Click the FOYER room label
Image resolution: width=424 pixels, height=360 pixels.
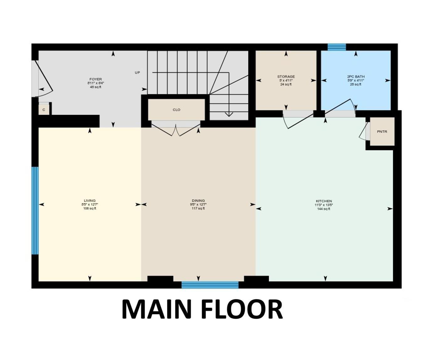pos(95,79)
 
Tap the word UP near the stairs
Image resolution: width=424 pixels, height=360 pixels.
pos(137,73)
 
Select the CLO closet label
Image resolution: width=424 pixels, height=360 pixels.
pos(176,110)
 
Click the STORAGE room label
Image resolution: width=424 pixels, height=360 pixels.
pos(286,77)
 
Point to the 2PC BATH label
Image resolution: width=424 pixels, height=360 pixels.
pos(356,77)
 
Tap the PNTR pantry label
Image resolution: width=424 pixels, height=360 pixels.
pos(382,132)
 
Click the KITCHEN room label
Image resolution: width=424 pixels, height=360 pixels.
pos(324,201)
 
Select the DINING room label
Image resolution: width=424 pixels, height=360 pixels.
pos(198,201)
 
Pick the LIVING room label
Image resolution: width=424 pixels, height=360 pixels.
pos(89,201)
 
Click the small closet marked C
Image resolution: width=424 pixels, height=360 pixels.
pos(44,110)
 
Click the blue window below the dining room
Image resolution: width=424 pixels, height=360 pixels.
pos(210,285)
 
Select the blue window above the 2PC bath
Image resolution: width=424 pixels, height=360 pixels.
pos(337,47)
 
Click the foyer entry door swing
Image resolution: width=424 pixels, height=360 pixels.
pos(43,79)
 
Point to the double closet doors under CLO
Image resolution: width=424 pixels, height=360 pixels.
pos(176,130)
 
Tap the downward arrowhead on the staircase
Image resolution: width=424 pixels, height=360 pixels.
pos(229,114)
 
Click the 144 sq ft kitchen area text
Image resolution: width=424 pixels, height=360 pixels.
pos(324,209)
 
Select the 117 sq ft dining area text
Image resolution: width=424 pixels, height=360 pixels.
pos(198,208)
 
